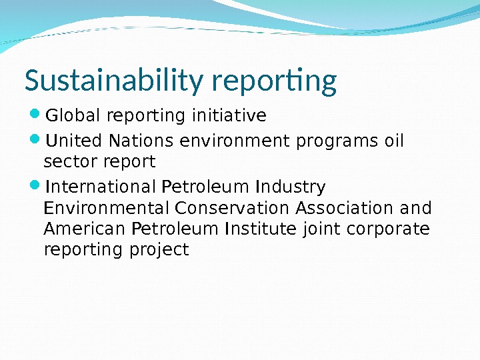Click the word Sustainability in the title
coord(114,80)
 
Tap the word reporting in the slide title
coord(274,81)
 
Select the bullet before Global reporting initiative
coord(35,114)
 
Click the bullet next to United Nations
coord(35,139)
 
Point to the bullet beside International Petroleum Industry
coord(35,185)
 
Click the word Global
coord(73,115)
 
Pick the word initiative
coord(229,115)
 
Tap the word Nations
coord(141,141)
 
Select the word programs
coord(337,142)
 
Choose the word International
coord(100,187)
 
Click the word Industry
coord(290,187)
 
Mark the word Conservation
coord(232,208)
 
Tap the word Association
coord(345,208)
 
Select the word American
coord(84,229)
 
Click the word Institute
coord(261,229)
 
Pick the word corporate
coord(388,229)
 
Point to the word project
coord(159,250)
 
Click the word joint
coord(321,229)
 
